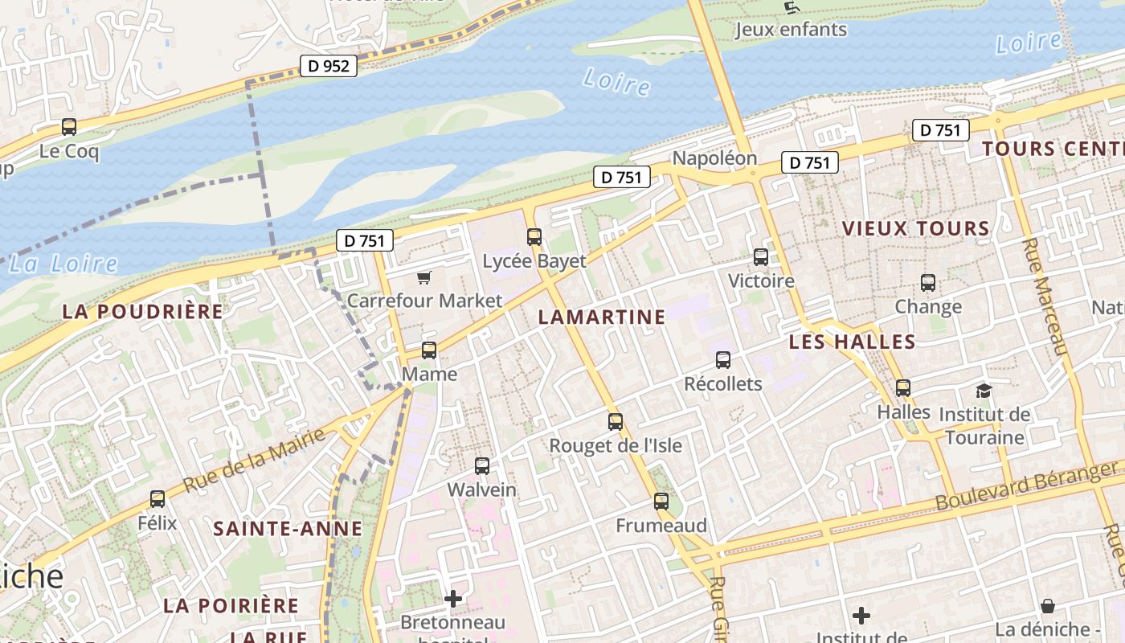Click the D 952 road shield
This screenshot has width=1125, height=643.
(329, 66)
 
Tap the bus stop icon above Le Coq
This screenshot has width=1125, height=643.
(69, 127)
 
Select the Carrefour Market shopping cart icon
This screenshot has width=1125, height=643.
(424, 278)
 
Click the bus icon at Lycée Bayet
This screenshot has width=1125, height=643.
(534, 237)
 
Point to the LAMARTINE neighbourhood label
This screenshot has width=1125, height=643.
(602, 317)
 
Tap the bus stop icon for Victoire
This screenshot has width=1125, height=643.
(761, 258)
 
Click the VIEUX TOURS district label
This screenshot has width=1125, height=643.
(916, 229)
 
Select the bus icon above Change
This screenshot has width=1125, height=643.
(928, 283)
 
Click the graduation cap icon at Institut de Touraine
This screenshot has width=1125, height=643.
(984, 391)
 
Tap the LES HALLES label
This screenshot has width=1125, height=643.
(852, 342)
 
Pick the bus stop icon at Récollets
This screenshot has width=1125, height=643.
(723, 360)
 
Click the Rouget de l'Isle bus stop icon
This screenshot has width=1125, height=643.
(616, 422)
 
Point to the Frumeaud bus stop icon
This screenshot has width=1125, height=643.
(661, 502)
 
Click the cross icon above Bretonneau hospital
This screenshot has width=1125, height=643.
(453, 599)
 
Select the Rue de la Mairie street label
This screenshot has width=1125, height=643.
(255, 461)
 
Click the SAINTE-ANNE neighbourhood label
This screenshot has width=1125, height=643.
(288, 529)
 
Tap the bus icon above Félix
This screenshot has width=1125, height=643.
(157, 499)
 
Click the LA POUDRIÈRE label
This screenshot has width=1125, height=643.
(142, 312)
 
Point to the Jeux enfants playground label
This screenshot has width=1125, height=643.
(791, 30)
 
